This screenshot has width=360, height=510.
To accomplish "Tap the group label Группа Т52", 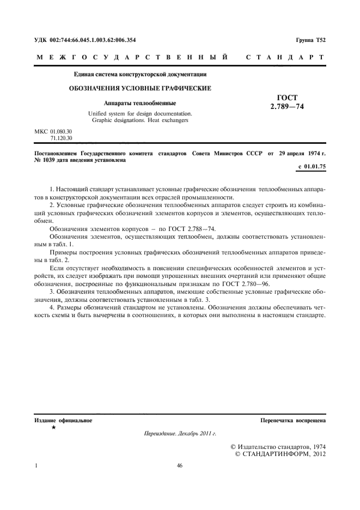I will click(310, 40).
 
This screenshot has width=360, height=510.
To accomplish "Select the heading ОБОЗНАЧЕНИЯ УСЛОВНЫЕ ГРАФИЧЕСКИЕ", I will click(139, 88).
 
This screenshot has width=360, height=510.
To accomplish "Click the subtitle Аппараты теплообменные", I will click(139, 102).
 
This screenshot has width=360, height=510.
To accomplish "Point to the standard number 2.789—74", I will click(287, 107).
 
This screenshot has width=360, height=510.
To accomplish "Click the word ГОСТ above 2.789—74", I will click(287, 98).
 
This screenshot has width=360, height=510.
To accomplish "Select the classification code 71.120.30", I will click(60, 138).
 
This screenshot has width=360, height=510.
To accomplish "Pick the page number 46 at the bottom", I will click(180, 466).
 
